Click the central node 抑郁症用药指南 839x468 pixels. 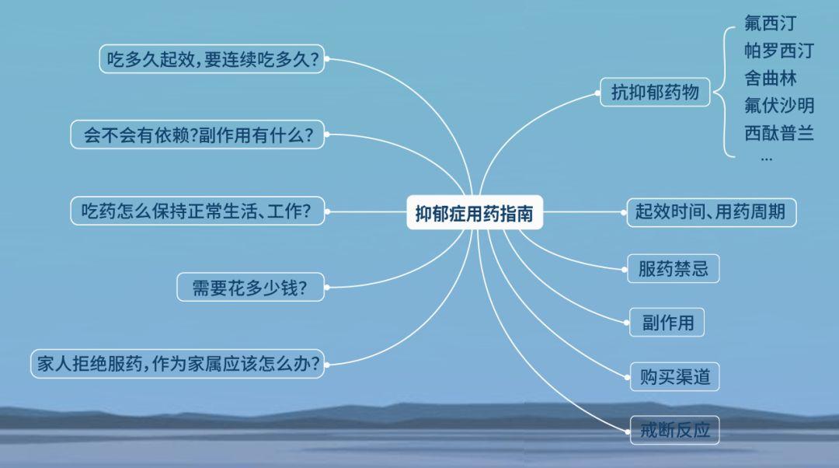click(475, 212)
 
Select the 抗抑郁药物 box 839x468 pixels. click(655, 92)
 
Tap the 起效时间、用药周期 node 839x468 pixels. click(711, 212)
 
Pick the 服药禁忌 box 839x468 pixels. click(673, 268)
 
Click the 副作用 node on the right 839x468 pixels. click(667, 323)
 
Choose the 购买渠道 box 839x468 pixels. click(674, 376)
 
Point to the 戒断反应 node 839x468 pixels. click(674, 430)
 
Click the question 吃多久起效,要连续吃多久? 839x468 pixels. click(212, 59)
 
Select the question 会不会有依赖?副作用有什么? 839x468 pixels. click(197, 134)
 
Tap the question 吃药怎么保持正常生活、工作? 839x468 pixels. click(197, 211)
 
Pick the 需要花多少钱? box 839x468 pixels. click(250, 288)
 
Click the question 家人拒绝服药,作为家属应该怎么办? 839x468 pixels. click(178, 364)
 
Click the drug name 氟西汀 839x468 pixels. click(770, 23)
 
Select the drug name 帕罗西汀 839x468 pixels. click(779, 51)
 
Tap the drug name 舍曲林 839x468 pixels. click(770, 79)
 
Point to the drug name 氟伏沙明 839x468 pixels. click(779, 106)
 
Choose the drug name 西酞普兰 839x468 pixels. click(779, 133)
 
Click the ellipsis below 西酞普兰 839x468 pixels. click(767, 159)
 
